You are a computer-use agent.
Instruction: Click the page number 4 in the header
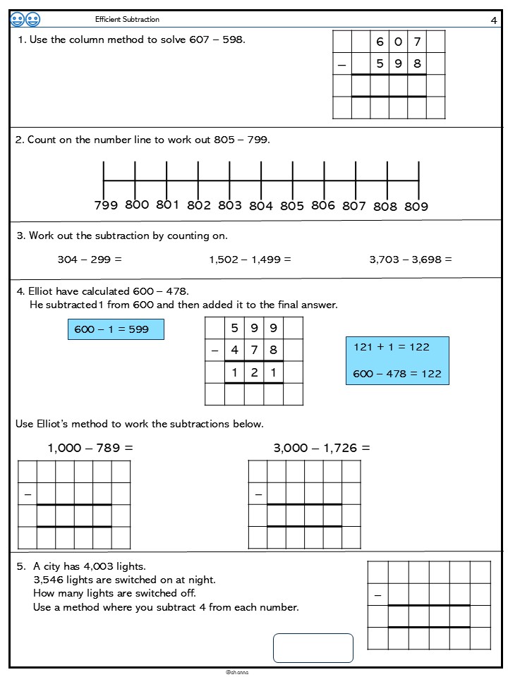coord(493,20)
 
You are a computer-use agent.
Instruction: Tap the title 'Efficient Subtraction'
coord(127,19)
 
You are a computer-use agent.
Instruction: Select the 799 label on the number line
coord(106,206)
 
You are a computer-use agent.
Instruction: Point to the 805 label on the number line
coord(291,206)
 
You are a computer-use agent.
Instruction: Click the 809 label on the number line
coord(416,207)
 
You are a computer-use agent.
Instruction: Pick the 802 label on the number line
coord(199,206)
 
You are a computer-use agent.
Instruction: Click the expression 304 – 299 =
coord(90,260)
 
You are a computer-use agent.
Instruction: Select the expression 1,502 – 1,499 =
coord(250,260)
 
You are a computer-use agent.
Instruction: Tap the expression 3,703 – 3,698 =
coord(411,260)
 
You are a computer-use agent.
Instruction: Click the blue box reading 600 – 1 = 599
coord(116,329)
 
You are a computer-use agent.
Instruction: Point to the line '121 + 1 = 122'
coord(392,347)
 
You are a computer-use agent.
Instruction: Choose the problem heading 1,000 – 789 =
coord(90,448)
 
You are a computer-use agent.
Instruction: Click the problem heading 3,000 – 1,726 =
coord(322,448)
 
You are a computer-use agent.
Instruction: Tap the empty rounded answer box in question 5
coord(313,648)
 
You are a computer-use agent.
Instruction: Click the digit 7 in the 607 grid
coord(417,42)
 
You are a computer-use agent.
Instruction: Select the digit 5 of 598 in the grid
coord(380,63)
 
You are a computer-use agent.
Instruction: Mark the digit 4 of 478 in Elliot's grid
coord(234,350)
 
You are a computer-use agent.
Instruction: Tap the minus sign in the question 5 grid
coord(377,595)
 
